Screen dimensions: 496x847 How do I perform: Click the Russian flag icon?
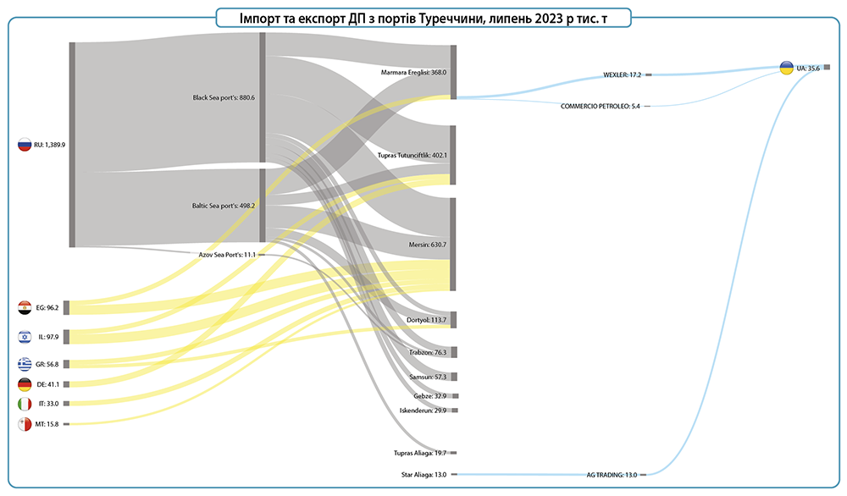[x=25, y=145]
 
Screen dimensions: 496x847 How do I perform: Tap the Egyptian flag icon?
[x=25, y=307]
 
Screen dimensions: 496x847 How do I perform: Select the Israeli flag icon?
[x=25, y=337]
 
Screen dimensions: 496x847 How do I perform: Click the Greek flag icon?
[x=25, y=364]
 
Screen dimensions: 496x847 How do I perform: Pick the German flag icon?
[x=25, y=384]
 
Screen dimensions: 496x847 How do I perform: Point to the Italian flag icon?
[x=25, y=404]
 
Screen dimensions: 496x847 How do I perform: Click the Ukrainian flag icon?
[x=786, y=68]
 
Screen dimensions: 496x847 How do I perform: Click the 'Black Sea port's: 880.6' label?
[x=224, y=97]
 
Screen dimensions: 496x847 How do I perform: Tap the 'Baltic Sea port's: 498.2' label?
[x=224, y=205]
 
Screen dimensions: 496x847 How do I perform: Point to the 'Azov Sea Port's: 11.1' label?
[x=227, y=254]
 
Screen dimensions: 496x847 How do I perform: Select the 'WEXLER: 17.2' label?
[x=622, y=74]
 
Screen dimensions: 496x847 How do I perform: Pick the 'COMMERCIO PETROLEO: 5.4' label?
[x=601, y=106]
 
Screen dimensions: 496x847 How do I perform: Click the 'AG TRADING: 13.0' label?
[x=612, y=475]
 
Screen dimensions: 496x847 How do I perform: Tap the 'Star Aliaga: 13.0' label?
[x=423, y=475]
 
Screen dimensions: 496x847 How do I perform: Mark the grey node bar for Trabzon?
[x=454, y=352]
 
